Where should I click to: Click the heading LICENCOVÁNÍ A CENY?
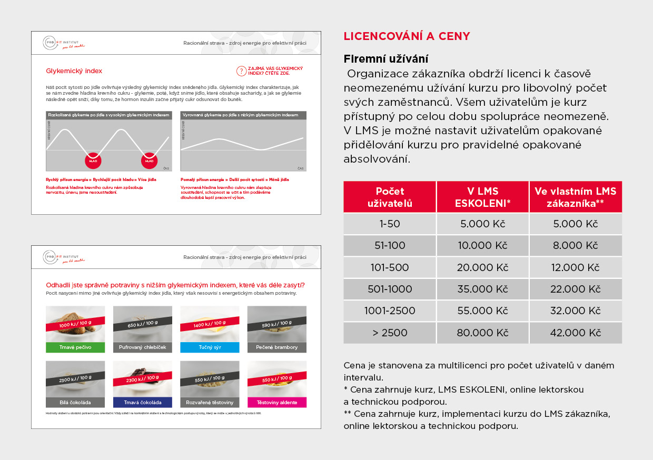pos(407,36)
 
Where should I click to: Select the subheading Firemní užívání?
pos(386,58)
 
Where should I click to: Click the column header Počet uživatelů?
pos(390,197)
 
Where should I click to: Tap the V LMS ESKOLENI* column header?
pos(482,197)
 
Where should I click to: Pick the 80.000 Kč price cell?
pos(482,333)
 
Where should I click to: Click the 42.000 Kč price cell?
pos(575,333)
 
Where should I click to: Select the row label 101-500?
pos(390,267)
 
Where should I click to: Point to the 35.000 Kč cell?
pos(482,289)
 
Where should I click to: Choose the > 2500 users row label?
pos(390,333)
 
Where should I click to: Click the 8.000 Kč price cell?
pos(575,245)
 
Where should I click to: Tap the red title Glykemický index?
pos(74,71)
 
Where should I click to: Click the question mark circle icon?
pos(242,71)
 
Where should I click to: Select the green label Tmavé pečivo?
pos(75,347)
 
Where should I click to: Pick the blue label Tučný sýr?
pos(210,347)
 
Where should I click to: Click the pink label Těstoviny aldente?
pos(277,403)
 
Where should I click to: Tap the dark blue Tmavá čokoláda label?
pos(142,403)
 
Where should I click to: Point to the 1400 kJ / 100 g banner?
pos(210,324)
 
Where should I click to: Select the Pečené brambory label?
pos(277,347)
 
